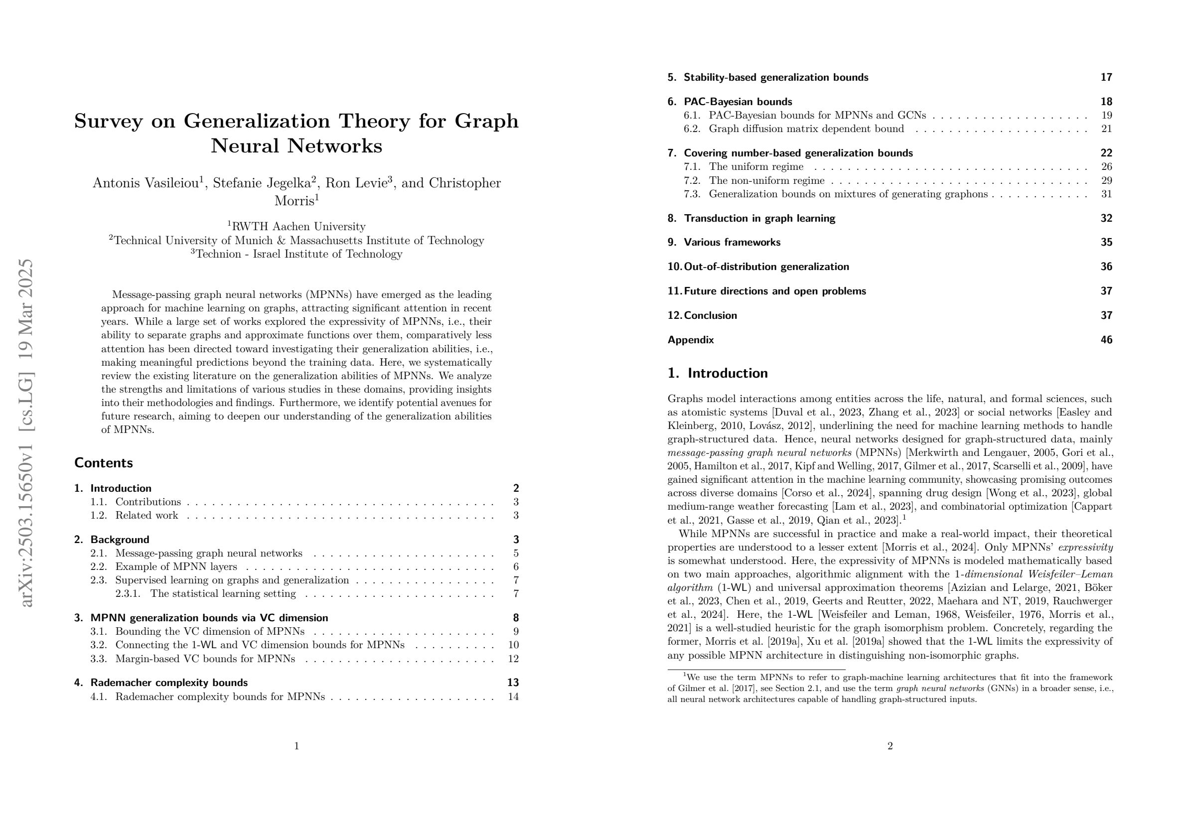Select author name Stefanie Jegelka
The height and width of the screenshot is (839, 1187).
point(262,183)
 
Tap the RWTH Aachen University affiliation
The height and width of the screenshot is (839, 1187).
point(298,226)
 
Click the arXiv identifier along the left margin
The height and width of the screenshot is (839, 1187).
point(25,432)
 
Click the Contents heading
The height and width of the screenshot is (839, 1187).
point(103,463)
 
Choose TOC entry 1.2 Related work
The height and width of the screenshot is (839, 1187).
point(147,515)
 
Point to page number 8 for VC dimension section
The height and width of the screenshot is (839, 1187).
point(515,618)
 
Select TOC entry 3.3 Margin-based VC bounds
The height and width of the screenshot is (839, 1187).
point(205,659)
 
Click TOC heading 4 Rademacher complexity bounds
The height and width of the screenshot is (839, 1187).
point(168,683)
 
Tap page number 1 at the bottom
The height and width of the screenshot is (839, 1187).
point(296,746)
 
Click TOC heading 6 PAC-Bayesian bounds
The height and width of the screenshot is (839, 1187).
point(738,102)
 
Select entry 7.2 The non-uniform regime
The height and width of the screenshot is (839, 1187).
point(766,180)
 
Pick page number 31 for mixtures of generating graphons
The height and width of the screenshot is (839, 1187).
point(1106,194)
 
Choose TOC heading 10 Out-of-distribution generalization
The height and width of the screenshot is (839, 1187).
point(766,267)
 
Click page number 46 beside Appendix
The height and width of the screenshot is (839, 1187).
point(1106,340)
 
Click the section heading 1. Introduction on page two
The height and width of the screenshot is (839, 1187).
point(718,373)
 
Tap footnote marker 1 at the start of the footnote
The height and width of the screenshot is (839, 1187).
point(685,675)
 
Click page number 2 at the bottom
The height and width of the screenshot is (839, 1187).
point(890,746)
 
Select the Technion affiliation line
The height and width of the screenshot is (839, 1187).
point(297,254)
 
